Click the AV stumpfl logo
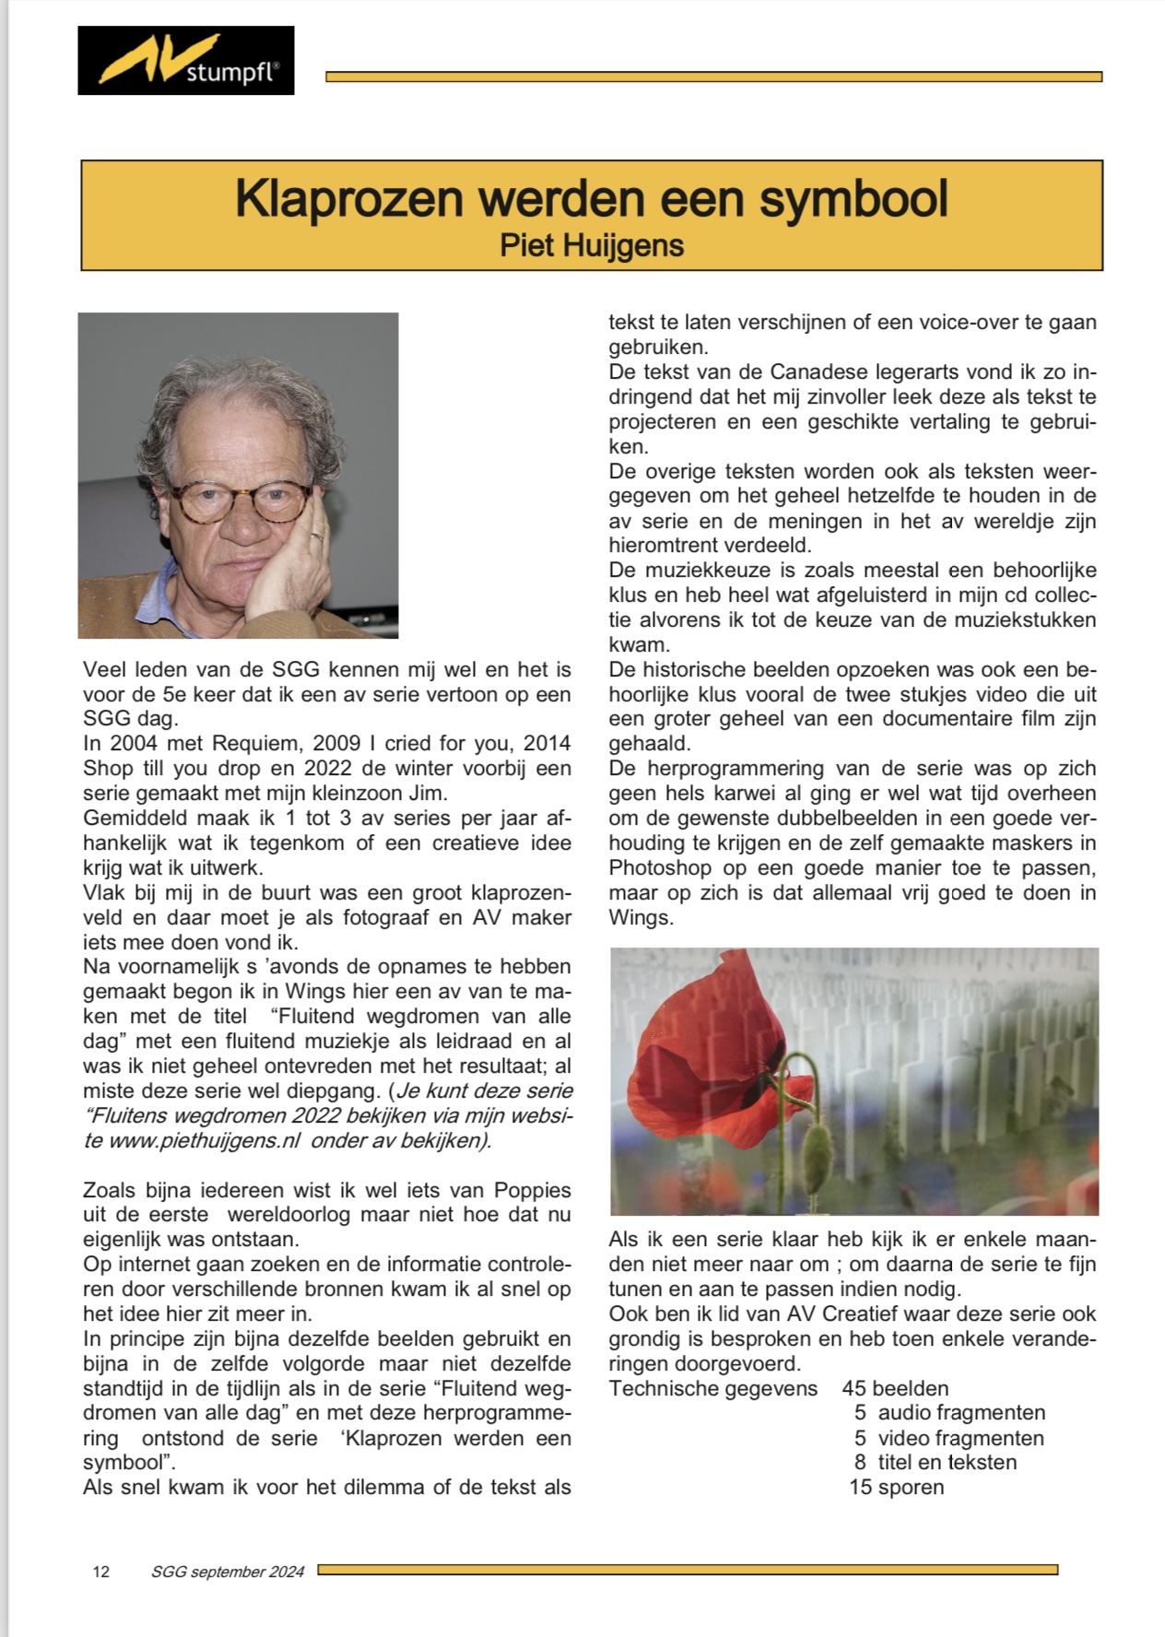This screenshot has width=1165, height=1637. click(x=185, y=61)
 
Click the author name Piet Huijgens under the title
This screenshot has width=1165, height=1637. click(x=591, y=245)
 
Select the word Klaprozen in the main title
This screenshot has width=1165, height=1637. click(x=347, y=198)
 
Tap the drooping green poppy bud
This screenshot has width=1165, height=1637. click(x=817, y=1151)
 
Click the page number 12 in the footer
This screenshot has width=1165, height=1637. click(x=101, y=1572)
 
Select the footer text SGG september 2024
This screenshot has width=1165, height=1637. click(x=228, y=1572)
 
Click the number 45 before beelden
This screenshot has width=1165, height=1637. click(x=854, y=1388)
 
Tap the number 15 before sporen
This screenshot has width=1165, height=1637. click(x=860, y=1487)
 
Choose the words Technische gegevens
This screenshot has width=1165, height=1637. click(x=712, y=1388)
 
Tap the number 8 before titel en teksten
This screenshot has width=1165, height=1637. click(x=860, y=1462)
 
